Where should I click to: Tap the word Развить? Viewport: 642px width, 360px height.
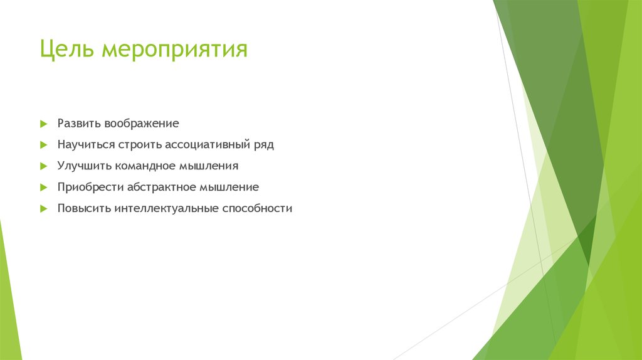79,124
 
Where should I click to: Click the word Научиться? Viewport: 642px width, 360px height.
86,145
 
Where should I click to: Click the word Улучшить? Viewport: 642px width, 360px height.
85,166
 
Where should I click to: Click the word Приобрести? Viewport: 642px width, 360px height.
90,187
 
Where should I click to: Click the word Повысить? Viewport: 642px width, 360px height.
84,208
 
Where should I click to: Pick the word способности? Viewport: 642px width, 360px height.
257,209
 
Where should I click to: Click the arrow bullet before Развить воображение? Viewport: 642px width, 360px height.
43,124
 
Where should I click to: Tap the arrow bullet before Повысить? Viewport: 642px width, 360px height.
43,208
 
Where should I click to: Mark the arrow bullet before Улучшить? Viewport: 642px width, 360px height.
43,166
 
